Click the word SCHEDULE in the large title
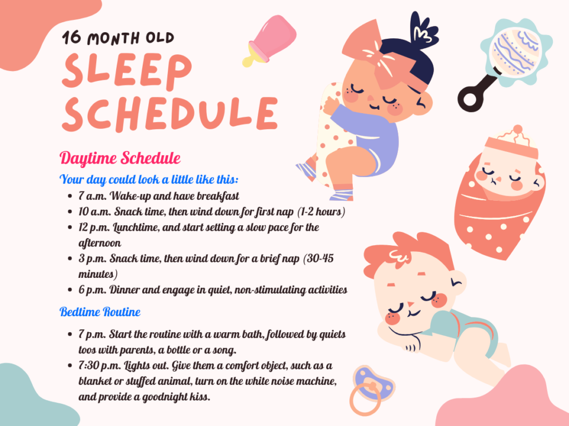170,113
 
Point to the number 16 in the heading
72,37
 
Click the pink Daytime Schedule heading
120,158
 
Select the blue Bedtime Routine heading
100,312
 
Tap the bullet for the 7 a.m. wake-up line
70,196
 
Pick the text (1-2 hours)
321,211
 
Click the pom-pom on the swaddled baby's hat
518,129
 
